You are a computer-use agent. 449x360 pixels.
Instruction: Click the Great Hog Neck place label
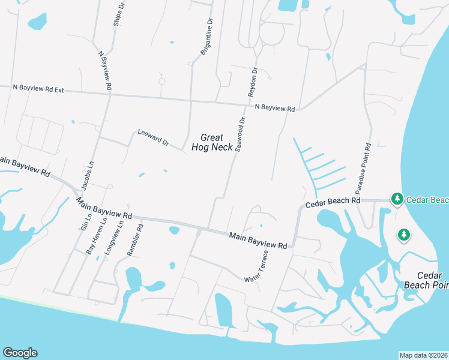click(x=212, y=142)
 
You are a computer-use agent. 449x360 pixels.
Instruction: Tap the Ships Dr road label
click(x=119, y=13)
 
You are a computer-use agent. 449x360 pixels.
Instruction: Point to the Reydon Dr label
click(x=253, y=82)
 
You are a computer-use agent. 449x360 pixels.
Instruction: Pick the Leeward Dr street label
click(x=154, y=137)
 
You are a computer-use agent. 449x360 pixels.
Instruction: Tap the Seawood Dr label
click(x=241, y=134)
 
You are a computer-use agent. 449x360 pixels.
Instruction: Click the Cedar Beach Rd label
click(x=333, y=203)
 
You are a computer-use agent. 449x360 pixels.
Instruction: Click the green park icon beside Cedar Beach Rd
click(x=397, y=198)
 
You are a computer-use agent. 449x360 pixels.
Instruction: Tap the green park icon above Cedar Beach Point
click(x=404, y=235)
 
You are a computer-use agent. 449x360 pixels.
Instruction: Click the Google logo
click(x=20, y=353)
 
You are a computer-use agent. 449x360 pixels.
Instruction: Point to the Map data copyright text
click(x=423, y=355)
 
